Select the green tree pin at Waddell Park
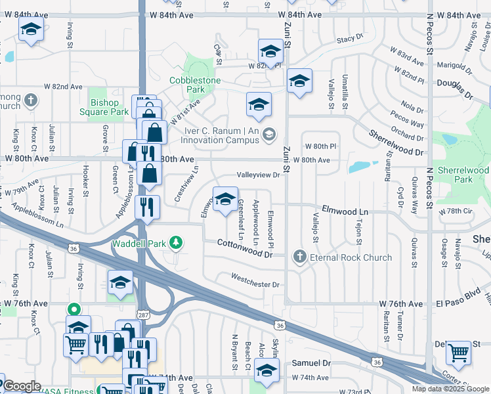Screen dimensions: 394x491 click(175, 244)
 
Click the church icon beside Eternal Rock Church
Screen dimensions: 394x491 click(301, 257)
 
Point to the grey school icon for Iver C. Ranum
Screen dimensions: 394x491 click(268, 135)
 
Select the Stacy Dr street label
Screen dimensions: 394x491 click(350, 39)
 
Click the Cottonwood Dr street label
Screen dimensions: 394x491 click(245, 248)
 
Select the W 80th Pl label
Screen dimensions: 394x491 click(320, 145)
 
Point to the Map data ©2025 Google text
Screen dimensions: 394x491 click(450, 389)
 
